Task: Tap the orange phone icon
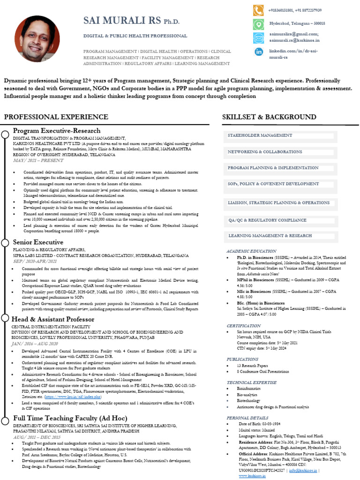(x=258, y=10)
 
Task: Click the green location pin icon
(x=258, y=23)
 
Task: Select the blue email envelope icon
(x=258, y=37)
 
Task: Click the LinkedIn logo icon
(x=258, y=52)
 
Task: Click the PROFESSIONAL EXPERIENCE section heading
(x=56, y=117)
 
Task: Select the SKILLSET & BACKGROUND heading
(x=269, y=117)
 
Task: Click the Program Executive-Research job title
(x=57, y=131)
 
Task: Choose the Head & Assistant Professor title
(x=54, y=319)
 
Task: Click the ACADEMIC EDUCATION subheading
(x=251, y=251)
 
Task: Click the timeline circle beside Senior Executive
(x=5, y=242)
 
